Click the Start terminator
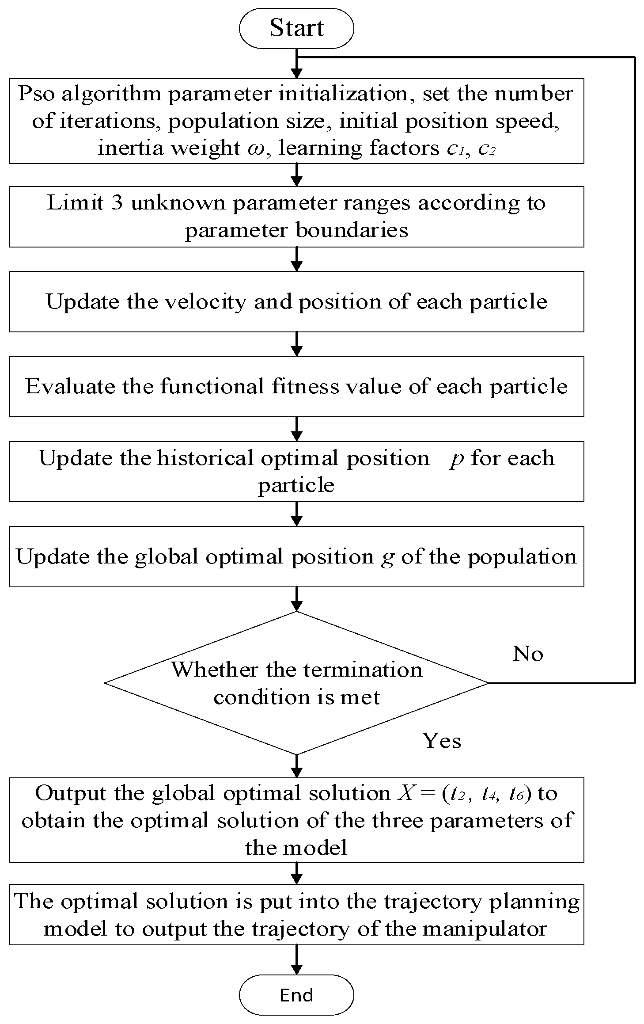[296, 28]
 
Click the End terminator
[296, 995]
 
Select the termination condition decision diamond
[296, 683]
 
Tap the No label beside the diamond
[527, 654]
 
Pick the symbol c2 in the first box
[487, 148]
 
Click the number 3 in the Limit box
[117, 203]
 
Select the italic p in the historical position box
[457, 459]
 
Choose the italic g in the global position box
[387, 558]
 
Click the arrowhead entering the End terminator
[296, 969]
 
